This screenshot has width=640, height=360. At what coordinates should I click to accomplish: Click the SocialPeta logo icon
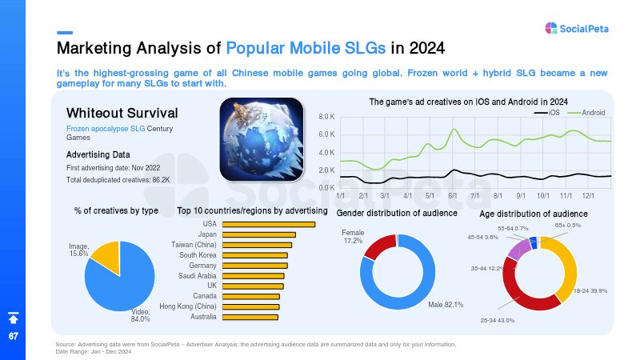[x=551, y=28]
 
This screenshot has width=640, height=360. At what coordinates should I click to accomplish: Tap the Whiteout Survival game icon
[x=262, y=139]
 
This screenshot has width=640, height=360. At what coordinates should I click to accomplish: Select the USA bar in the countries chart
[x=269, y=225]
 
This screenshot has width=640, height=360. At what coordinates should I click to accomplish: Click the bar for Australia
[x=250, y=317]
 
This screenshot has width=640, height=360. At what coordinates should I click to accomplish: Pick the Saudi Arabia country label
[x=197, y=276]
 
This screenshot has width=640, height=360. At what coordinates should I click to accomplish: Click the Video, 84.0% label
[x=141, y=315]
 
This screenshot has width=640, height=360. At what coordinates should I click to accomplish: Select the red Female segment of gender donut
[x=380, y=246]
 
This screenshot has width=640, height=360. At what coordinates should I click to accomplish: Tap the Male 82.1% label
[x=446, y=305]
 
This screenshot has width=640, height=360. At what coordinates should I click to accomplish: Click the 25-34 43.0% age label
[x=497, y=321]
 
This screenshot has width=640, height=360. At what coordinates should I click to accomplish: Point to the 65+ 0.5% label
[x=567, y=226]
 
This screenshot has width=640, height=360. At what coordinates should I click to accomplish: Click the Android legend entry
[x=586, y=113]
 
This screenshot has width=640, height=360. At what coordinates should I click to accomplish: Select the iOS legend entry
[x=547, y=113]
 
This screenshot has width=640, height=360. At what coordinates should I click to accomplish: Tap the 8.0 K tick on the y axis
[x=326, y=117]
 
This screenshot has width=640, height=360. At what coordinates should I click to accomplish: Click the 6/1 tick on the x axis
[x=453, y=196]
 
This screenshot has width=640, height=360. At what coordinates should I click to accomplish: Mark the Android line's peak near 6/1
[x=454, y=130]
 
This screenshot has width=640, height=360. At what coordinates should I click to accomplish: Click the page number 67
[x=14, y=336]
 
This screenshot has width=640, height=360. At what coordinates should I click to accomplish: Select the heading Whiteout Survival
[x=122, y=113]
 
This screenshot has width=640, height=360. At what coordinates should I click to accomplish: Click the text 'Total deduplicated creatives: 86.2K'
[x=118, y=180]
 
